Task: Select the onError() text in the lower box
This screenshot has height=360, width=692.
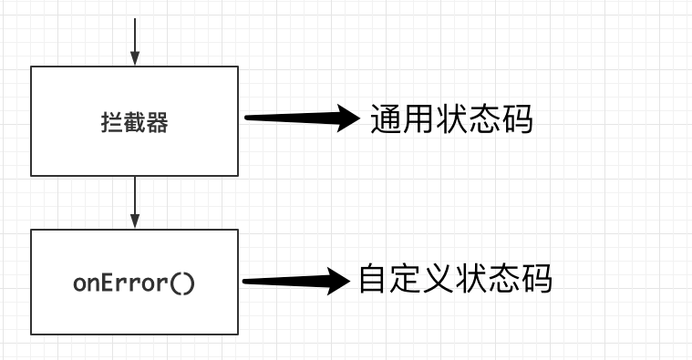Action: pyautogui.click(x=134, y=283)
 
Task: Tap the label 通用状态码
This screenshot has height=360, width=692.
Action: pyautogui.click(x=450, y=119)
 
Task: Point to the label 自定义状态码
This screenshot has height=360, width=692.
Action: pyautogui.click(x=454, y=279)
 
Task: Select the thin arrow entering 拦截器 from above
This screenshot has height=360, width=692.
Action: pyautogui.click(x=135, y=41)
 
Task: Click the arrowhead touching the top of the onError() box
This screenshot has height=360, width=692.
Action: pyautogui.click(x=135, y=221)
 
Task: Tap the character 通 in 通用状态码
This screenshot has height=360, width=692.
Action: pyautogui.click(x=386, y=119)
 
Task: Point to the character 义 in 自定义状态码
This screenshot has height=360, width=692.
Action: pyautogui.click(x=439, y=279)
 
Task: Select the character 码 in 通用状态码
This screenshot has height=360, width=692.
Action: pyautogui.click(x=516, y=119)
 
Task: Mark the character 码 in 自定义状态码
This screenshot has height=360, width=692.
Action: pyautogui.click(x=536, y=279)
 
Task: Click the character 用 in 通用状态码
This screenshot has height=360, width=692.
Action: pyautogui.click(x=418, y=119)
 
